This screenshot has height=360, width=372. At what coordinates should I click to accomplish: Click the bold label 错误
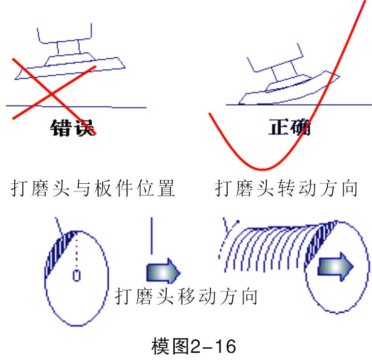tap(72, 127)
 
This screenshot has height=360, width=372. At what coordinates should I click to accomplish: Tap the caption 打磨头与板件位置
tap(93, 189)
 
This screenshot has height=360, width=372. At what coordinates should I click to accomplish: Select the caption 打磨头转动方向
tap(286, 189)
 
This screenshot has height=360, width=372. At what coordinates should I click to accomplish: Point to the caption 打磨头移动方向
tap(186, 296)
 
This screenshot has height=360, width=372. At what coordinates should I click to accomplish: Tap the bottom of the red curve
tap(262, 169)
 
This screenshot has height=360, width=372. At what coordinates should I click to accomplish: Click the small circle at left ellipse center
tap(76, 275)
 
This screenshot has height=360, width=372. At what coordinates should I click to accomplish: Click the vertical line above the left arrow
tap(151, 236)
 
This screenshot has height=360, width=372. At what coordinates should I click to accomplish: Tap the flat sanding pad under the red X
tap(71, 67)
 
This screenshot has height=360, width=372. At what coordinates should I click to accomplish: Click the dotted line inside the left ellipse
tap(76, 251)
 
